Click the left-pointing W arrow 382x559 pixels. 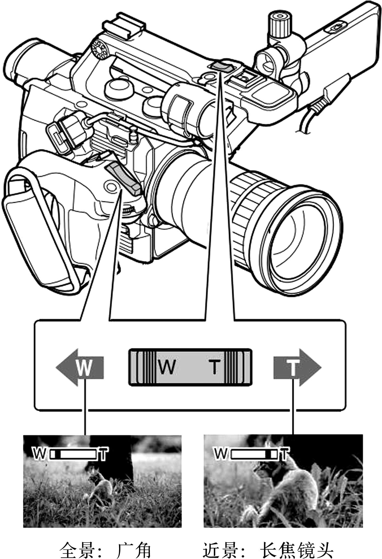point(80,367)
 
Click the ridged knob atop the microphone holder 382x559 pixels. point(280,24)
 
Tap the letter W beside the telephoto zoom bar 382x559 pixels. point(220,454)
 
